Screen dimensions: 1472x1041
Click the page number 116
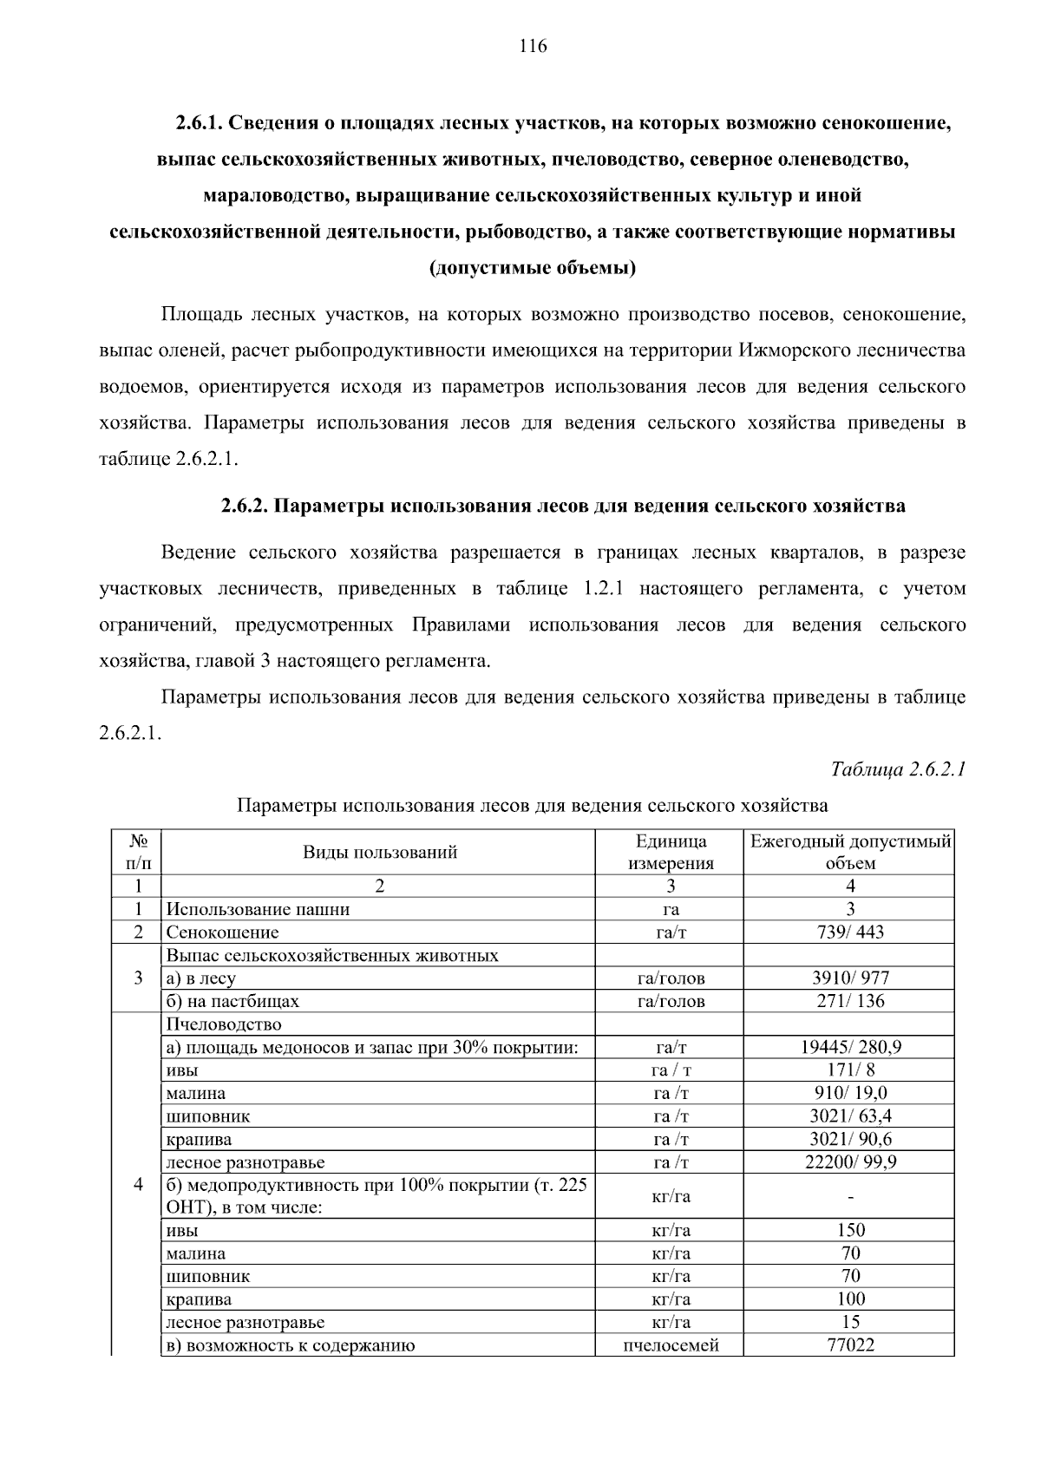pyautogui.click(x=534, y=46)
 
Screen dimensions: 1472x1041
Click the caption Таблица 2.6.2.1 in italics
pyautogui.click(x=898, y=769)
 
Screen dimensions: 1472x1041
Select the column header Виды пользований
pyautogui.click(x=379, y=852)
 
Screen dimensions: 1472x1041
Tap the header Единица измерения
pyautogui.click(x=671, y=852)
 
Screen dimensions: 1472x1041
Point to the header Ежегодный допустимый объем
pyautogui.click(x=850, y=852)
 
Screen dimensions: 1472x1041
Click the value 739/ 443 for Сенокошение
pyautogui.click(x=850, y=932)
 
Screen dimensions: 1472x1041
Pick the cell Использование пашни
pyautogui.click(x=259, y=909)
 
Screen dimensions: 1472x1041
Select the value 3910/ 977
pyautogui.click(x=850, y=978)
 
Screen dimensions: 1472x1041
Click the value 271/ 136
pyautogui.click(x=850, y=1001)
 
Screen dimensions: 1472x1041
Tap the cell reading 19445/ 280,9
pyautogui.click(x=850, y=1047)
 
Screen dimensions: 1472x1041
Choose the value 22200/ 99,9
pyautogui.click(x=850, y=1162)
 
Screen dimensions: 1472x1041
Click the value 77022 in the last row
pyautogui.click(x=850, y=1345)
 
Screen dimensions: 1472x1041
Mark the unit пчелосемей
pyautogui.click(x=671, y=1345)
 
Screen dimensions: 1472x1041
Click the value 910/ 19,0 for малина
pyautogui.click(x=850, y=1093)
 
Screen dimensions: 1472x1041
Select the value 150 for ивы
pyautogui.click(x=850, y=1230)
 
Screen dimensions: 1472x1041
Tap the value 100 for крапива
pyautogui.click(x=850, y=1299)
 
